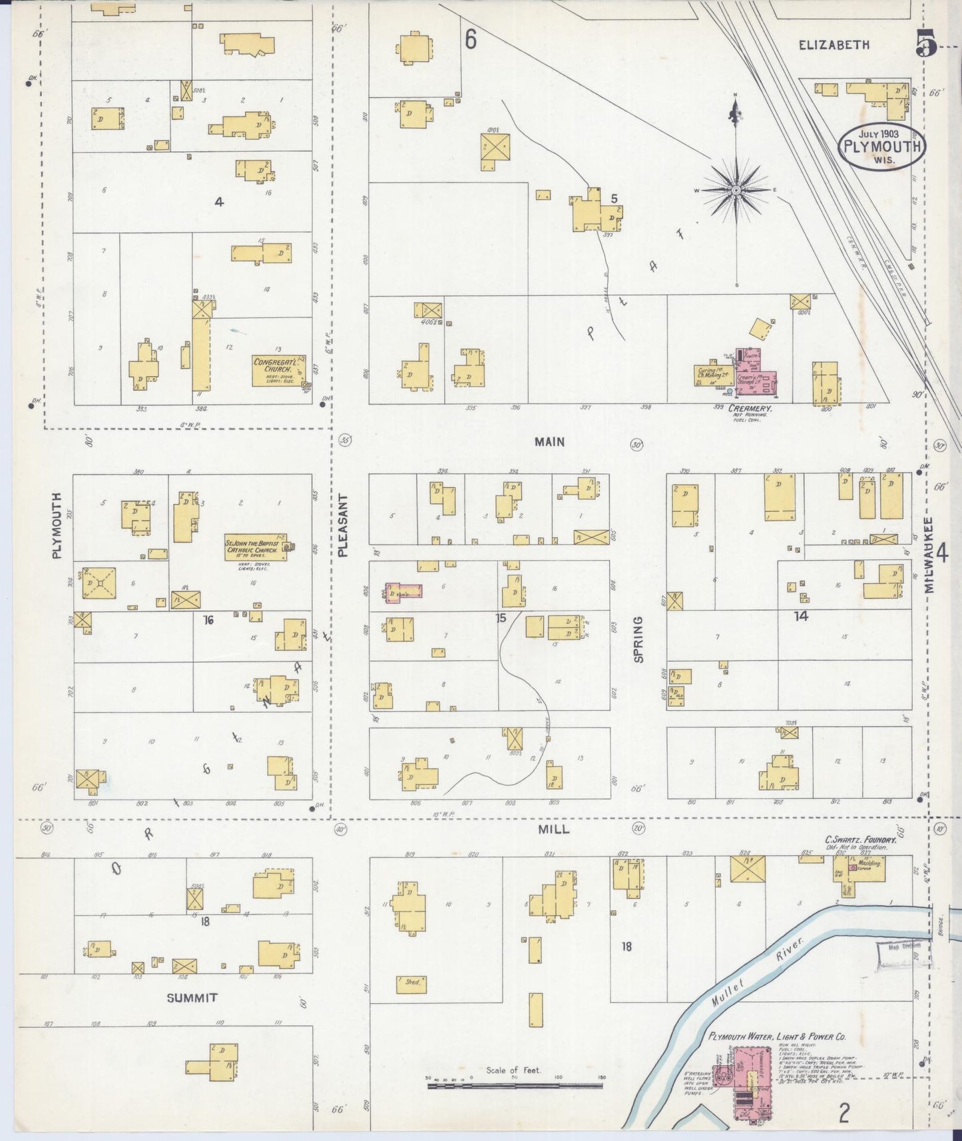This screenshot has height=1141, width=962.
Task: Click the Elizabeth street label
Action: (834, 45)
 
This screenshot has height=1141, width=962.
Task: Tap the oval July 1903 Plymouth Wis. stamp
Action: (881, 144)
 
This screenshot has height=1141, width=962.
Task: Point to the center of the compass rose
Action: (736, 190)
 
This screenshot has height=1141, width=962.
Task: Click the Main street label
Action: (549, 441)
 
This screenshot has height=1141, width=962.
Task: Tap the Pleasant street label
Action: (344, 525)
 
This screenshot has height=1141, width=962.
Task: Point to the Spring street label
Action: (638, 639)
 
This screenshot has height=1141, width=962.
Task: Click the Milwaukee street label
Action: (929, 555)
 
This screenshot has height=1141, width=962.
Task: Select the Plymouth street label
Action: (57, 525)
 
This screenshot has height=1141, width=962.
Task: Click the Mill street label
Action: (553, 829)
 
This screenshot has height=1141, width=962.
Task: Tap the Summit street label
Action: (192, 997)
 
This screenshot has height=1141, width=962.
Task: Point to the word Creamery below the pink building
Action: (750, 407)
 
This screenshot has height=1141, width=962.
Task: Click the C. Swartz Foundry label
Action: (860, 840)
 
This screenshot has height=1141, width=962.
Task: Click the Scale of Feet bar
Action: (515, 1085)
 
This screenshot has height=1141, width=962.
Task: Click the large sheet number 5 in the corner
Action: (926, 45)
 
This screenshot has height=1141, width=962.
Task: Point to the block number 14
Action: (801, 616)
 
